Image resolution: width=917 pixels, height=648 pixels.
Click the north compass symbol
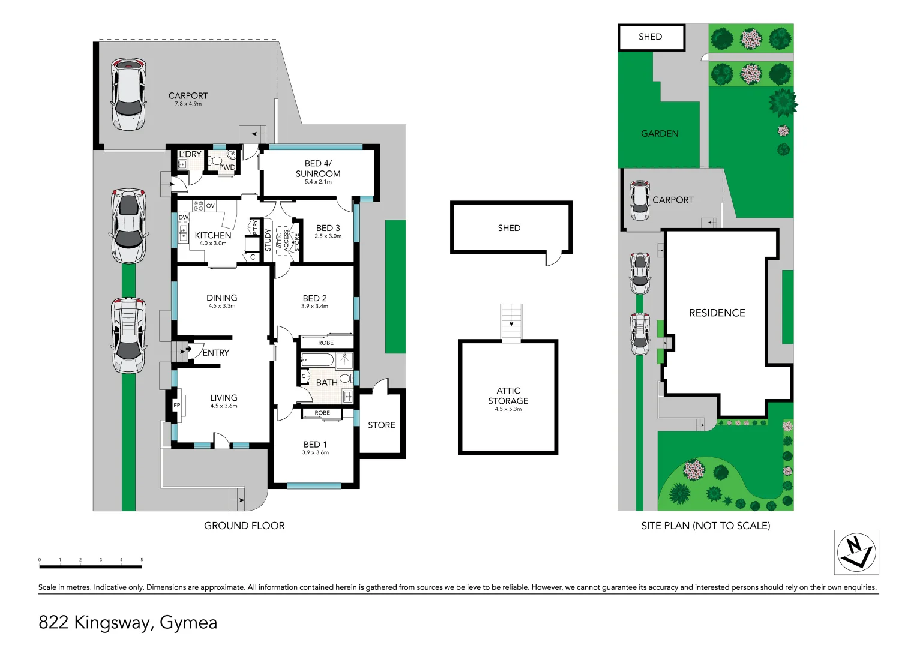856,552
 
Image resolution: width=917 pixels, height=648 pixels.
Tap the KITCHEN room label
213,235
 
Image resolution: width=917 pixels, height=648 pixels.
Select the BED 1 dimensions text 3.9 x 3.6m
315,452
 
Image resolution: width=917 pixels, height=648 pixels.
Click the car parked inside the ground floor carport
128,94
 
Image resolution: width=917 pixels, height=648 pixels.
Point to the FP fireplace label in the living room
177,406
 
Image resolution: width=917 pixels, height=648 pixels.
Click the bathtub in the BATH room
317,360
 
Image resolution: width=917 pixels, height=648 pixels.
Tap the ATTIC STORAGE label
508,395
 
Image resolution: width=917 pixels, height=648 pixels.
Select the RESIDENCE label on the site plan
717,313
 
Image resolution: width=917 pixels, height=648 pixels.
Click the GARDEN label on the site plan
660,133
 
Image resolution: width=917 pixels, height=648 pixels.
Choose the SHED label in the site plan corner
650,37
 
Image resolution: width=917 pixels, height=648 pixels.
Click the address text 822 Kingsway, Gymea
128,622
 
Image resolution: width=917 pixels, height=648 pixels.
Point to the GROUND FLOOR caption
244,526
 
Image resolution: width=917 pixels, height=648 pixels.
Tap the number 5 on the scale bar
142,560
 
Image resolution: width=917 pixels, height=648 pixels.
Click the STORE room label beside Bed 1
381,425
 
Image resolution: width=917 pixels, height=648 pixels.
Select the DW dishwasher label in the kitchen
183,217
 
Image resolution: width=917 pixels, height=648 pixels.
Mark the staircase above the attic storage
511,322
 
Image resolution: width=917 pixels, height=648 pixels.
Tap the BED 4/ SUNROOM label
318,168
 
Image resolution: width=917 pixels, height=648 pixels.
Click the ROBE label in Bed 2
326,343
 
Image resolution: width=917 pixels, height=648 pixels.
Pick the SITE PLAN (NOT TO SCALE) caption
705,526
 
